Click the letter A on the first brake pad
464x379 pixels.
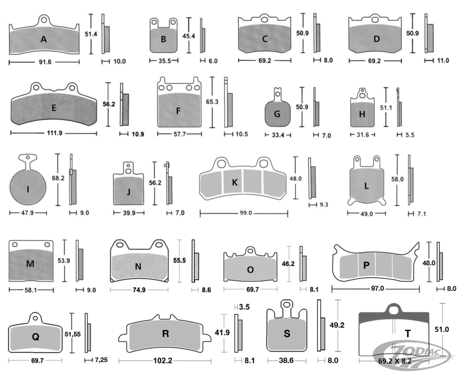[x=44, y=39]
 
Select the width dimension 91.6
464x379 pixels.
[x=44, y=62]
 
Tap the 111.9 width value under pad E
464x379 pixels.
[x=54, y=133]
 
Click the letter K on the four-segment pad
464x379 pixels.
[x=235, y=182]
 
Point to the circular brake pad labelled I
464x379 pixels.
[x=28, y=189]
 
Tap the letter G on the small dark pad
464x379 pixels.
[x=277, y=114]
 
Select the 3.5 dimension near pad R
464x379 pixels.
[x=244, y=307]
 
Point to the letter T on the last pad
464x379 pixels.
[x=407, y=334]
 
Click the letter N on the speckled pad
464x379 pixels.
[x=138, y=266]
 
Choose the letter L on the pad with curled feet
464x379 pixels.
[x=367, y=186]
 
